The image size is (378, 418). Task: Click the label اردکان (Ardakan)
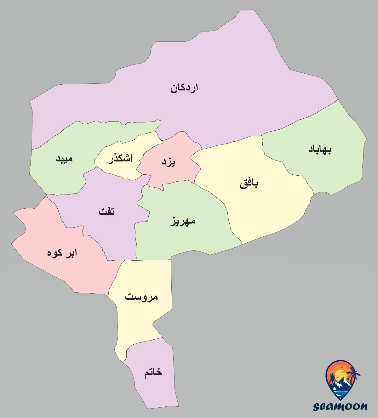[x=184, y=88]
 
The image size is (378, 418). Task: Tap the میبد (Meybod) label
[x=65, y=158]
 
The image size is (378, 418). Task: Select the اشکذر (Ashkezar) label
[x=120, y=158]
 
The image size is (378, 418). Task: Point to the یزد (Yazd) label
[x=169, y=162]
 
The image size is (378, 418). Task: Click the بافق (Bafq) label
[x=249, y=183]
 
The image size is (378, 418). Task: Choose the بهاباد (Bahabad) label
[x=320, y=149]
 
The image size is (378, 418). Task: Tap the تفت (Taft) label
[x=107, y=211]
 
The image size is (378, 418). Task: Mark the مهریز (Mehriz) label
[x=183, y=221]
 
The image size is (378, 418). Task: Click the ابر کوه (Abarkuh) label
[x=62, y=253]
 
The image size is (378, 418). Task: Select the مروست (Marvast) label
[x=141, y=297]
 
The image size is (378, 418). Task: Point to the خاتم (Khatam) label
[x=153, y=372]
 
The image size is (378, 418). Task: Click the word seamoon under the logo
[x=341, y=406]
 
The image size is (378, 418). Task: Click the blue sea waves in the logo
[x=341, y=393]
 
